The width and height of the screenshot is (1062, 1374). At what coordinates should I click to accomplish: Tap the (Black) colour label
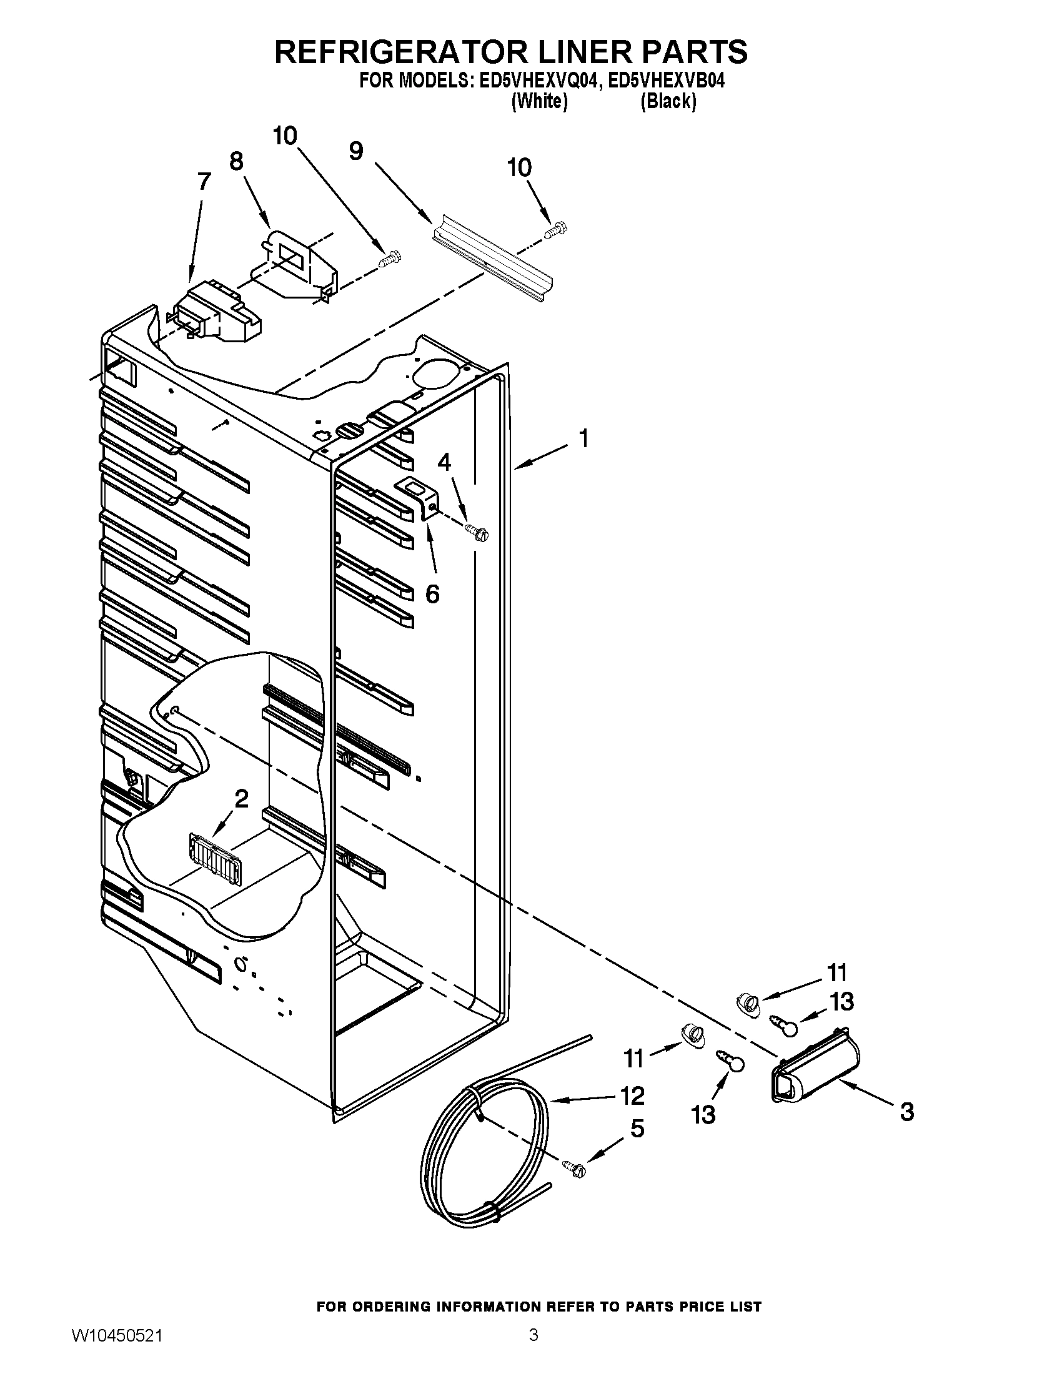[668, 101]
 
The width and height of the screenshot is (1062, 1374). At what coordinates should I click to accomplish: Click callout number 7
[204, 182]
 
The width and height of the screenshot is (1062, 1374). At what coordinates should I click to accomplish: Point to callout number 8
[236, 162]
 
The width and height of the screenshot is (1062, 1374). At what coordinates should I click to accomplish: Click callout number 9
[356, 151]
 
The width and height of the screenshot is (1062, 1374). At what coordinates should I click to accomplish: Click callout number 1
[584, 438]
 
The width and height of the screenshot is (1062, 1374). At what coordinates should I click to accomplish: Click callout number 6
[432, 593]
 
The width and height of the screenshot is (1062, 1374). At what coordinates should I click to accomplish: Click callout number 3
[906, 1112]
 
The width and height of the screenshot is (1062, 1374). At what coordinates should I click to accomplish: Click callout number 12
[632, 1095]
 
